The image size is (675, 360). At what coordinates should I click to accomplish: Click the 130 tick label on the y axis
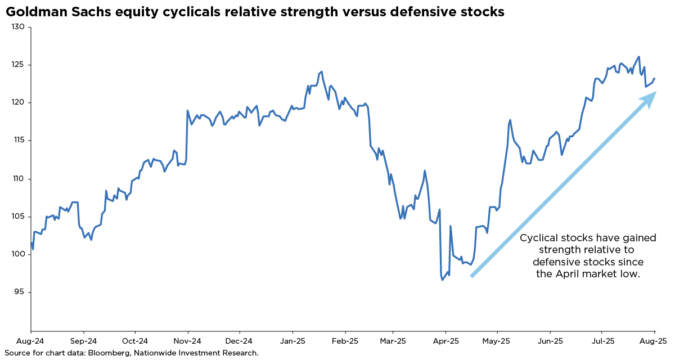pyautogui.click(x=19, y=26)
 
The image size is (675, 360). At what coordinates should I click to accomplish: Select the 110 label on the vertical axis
pyautogui.click(x=19, y=178)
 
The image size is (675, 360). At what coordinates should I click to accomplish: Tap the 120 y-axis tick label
pyautogui.click(x=19, y=102)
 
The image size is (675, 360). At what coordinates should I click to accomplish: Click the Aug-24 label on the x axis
pyautogui.click(x=31, y=341)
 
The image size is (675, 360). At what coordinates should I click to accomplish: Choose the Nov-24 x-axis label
pyautogui.click(x=187, y=341)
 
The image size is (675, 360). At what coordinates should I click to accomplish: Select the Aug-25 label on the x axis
pyautogui.click(x=655, y=341)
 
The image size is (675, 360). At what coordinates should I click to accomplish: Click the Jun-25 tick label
pyautogui.click(x=550, y=341)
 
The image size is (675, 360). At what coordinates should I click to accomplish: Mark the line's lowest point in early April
pyautogui.click(x=442, y=280)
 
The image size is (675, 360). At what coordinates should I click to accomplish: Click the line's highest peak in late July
pyautogui.click(x=638, y=57)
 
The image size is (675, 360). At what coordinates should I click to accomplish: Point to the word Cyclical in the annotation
pyautogui.click(x=538, y=238)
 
